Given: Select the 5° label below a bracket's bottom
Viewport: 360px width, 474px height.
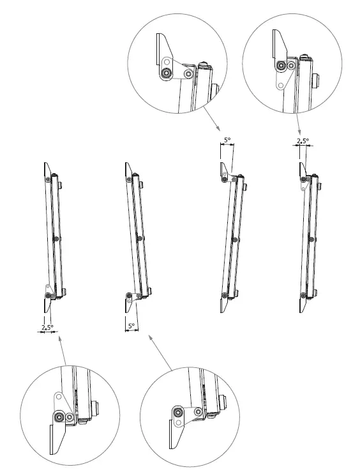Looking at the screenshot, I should point(131,325).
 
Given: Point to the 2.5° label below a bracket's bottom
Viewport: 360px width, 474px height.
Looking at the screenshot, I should point(47,327).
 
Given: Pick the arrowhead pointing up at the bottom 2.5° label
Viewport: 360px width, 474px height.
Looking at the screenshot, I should point(59,340).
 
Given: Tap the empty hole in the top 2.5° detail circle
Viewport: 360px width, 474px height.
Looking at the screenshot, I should point(280,84).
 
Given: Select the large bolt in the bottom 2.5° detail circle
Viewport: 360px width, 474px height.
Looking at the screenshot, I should point(59,416).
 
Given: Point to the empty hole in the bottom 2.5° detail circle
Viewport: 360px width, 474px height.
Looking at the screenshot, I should point(59,397).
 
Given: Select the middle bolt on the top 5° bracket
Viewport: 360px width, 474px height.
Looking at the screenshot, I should point(236,240).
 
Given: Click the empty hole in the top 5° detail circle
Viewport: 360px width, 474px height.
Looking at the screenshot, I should point(188,73).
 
